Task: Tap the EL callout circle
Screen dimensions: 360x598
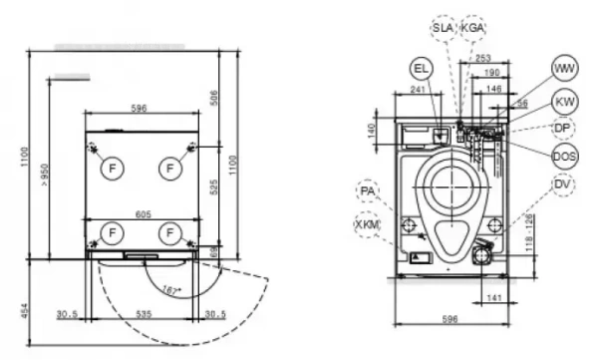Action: pos(422,68)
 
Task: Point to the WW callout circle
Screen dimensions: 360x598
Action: pos(564,68)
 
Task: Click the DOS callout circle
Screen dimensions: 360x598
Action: pos(564,155)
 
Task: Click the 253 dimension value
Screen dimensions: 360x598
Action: pos(484,59)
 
